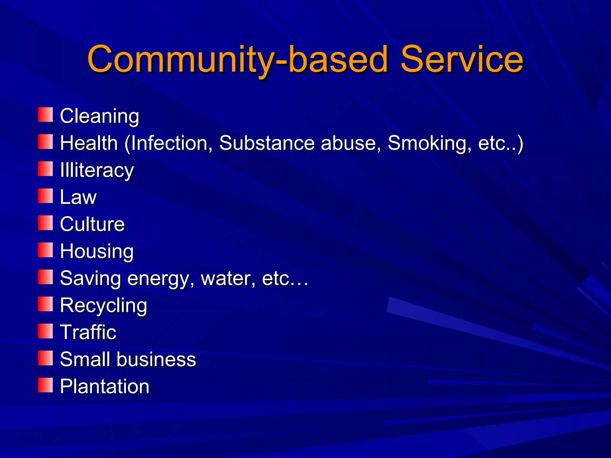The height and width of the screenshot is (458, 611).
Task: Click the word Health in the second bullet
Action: pos(89,143)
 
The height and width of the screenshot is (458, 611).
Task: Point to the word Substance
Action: pos(267,143)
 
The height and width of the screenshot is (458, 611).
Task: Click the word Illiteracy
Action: pos(97,170)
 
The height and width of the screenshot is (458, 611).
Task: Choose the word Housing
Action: pos(97,251)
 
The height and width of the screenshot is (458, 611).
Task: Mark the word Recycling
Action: pos(104,305)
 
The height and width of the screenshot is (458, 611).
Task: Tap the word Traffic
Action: pos(88,332)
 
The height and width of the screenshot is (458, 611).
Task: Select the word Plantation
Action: pos(104,386)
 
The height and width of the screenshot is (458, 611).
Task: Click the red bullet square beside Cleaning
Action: pos(45,115)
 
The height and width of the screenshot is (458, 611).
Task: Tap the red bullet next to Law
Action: pos(45,196)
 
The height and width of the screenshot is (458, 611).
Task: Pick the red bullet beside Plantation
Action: pos(45,385)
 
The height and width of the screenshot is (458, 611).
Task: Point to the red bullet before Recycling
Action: pos(45,304)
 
